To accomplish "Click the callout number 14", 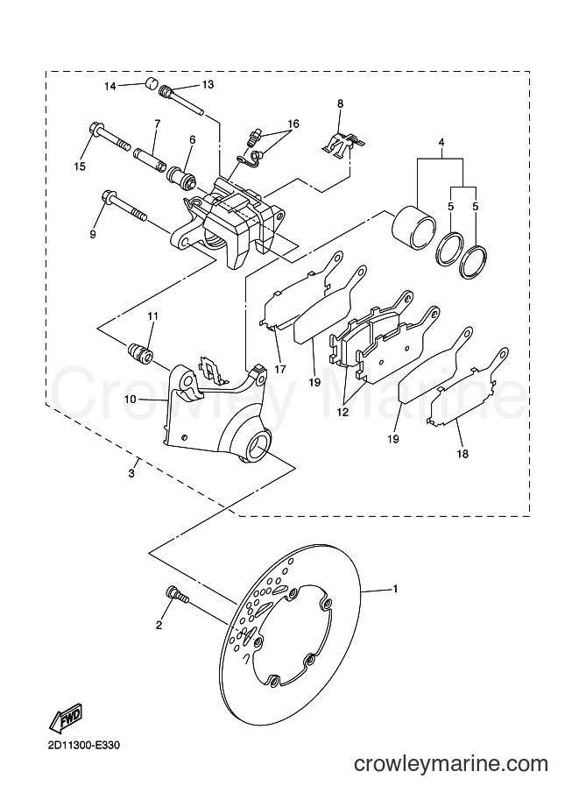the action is pyautogui.click(x=110, y=86).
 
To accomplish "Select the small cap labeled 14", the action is pyautogui.click(x=150, y=83).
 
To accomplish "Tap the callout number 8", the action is pyautogui.click(x=340, y=103).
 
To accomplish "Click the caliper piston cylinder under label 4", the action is pyautogui.click(x=413, y=228).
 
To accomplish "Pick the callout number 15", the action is pyautogui.click(x=79, y=166).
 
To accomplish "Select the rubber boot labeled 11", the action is pyautogui.click(x=139, y=352).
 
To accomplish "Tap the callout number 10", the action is pyautogui.click(x=131, y=400).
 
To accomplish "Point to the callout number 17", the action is pyautogui.click(x=279, y=369).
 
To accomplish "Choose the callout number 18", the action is pyautogui.click(x=462, y=454).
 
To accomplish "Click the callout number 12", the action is pyautogui.click(x=342, y=412).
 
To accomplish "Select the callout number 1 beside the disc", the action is pyautogui.click(x=394, y=589).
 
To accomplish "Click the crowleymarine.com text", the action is pyautogui.click(x=451, y=764).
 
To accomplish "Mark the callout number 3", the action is pyautogui.click(x=131, y=473).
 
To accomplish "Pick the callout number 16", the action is pyautogui.click(x=293, y=124).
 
